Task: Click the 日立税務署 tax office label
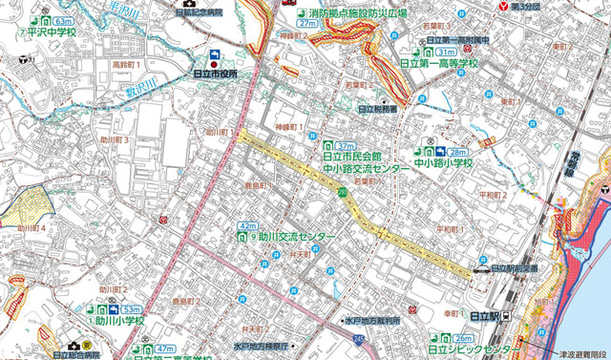pyautogui.click(x=378, y=110)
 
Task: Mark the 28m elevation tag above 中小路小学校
pyautogui.click(x=458, y=152)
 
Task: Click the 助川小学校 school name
pyautogui.click(x=119, y=321)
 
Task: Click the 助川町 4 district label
pyautogui.click(x=30, y=229)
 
